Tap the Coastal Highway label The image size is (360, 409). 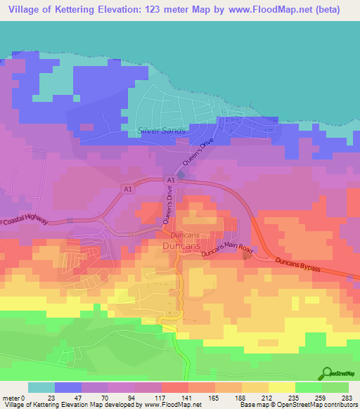point(25,221)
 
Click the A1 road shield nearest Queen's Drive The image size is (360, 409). point(171,181)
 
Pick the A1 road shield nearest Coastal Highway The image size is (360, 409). point(127,189)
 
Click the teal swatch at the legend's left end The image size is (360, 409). point(41,387)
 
